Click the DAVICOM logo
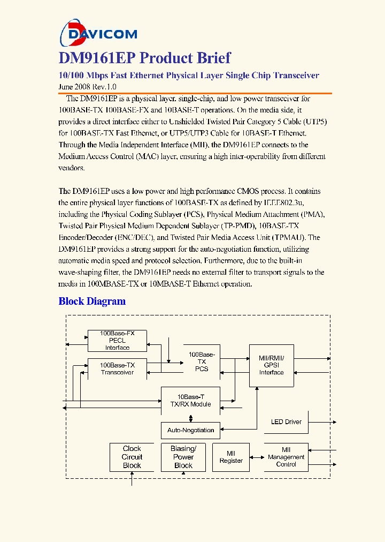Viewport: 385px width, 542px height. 98,33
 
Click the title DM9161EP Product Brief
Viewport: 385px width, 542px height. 144,58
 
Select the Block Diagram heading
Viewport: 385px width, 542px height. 92,301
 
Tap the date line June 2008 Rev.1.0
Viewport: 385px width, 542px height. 87,87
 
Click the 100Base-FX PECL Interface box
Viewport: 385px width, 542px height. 117,341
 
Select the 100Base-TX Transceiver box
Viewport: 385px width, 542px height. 117,368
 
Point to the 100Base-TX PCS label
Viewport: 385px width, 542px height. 202,362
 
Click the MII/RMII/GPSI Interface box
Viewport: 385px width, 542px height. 271,365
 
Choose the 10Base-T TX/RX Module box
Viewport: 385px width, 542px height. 190,401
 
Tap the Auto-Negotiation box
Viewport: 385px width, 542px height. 190,430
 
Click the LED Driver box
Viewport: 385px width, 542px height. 286,422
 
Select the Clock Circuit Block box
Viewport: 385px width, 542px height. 132,457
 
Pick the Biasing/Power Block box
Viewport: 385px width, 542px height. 183,457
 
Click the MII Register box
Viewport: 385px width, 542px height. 231,457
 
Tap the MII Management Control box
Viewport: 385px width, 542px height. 286,457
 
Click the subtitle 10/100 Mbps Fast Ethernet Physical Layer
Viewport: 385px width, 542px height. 188,76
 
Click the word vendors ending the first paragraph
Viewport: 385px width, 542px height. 71,168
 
